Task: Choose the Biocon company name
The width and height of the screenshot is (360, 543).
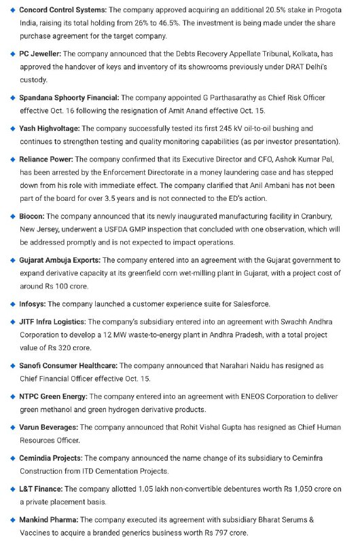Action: [x=33, y=215]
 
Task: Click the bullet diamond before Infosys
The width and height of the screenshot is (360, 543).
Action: [x=12, y=303]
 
